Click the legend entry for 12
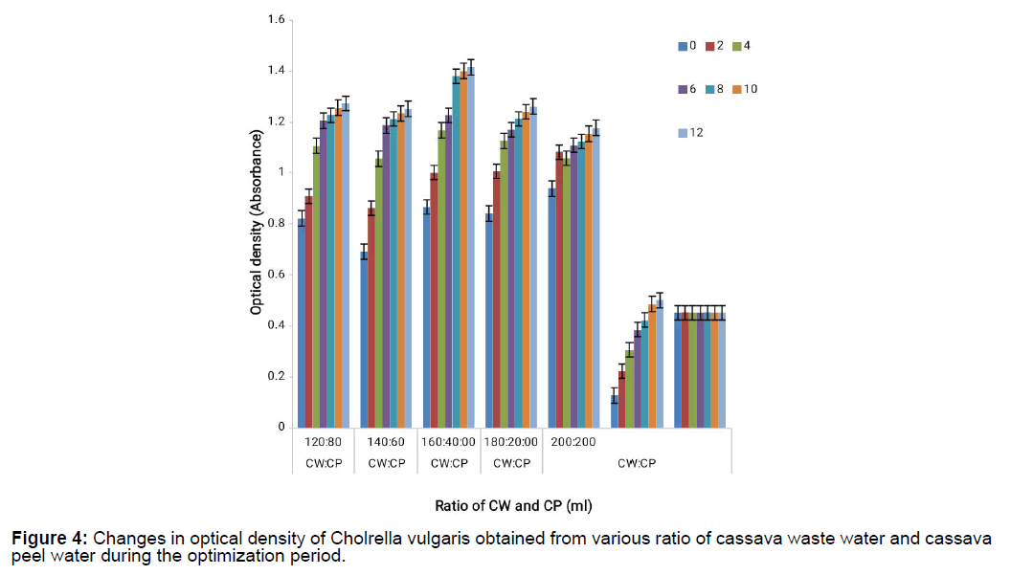[691, 133]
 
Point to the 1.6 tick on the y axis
[274, 19]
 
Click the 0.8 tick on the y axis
[274, 224]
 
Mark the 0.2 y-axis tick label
[274, 377]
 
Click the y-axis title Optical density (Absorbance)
[256, 222]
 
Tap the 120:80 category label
[323, 442]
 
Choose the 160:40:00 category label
[449, 442]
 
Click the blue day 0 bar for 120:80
[302, 322]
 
